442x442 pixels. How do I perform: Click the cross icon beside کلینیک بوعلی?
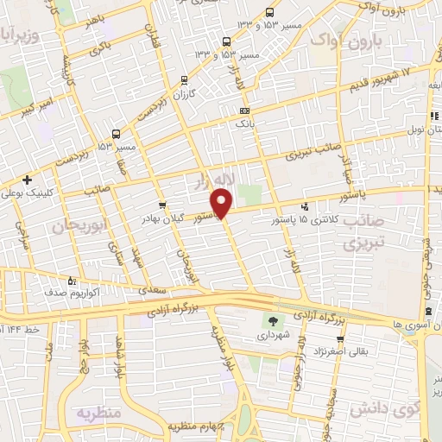[x=28, y=180]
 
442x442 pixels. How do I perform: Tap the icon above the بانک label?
[x=245, y=110]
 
